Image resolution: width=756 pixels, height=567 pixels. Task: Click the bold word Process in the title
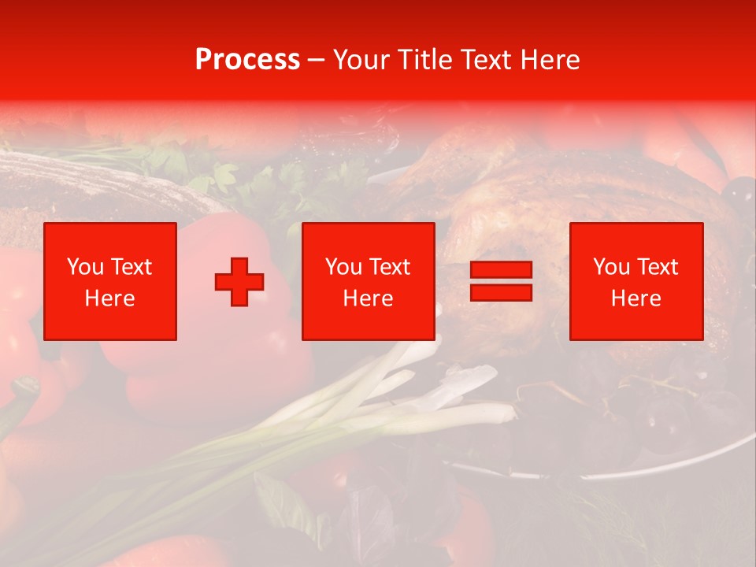tap(247, 60)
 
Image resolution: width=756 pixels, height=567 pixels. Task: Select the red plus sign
tap(239, 282)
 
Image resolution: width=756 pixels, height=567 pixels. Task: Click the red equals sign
tap(501, 281)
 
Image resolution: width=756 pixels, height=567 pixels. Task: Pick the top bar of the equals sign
tap(501, 270)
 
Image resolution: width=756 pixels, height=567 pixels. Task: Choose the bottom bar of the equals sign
tap(501, 292)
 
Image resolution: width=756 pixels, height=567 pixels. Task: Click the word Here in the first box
tap(109, 298)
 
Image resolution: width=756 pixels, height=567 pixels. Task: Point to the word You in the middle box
tap(343, 267)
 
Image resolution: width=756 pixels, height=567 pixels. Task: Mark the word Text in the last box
tap(658, 267)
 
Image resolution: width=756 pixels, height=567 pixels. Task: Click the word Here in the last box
tap(636, 298)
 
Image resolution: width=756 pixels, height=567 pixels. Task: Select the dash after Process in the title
tap(316, 61)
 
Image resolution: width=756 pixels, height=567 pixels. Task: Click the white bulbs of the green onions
tap(441, 386)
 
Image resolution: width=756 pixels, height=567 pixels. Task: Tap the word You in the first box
tap(85, 267)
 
